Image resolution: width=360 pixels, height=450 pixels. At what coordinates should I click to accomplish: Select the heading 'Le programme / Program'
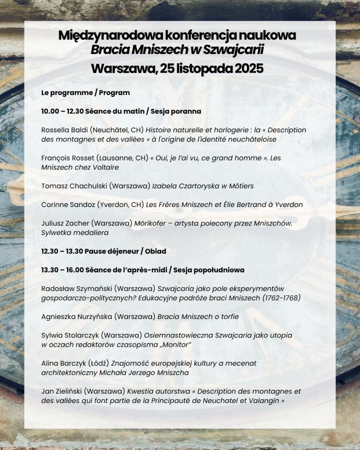85,93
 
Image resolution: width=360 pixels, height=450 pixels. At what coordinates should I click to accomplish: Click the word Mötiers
240,186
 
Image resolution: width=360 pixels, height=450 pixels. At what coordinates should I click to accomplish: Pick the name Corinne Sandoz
65,204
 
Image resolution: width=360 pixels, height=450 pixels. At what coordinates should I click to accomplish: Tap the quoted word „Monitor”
174,345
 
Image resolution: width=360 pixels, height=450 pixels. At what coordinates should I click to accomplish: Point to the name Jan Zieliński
61,391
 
